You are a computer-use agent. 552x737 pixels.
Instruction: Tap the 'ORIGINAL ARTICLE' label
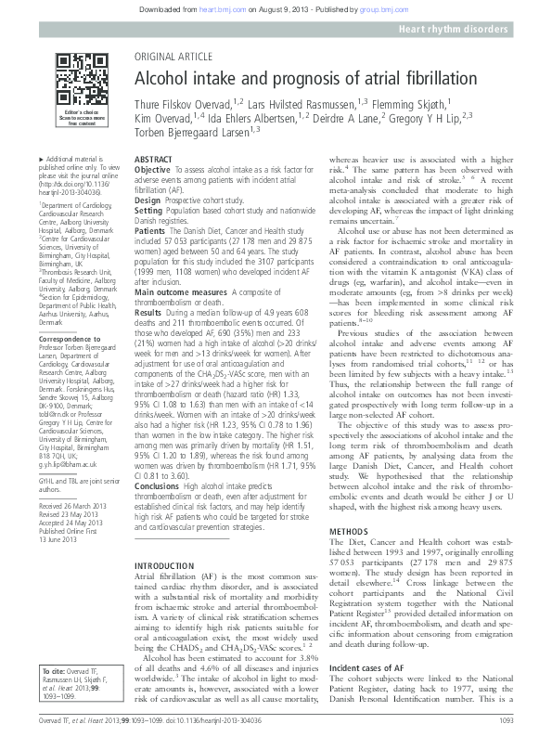click(172, 57)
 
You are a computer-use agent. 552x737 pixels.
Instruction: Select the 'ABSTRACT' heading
click(153, 160)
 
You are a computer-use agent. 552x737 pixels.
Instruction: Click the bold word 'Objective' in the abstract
click(153, 171)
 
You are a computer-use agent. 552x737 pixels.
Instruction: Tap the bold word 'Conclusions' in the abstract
click(158, 485)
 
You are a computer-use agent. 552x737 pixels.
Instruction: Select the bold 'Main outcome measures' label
click(181, 291)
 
